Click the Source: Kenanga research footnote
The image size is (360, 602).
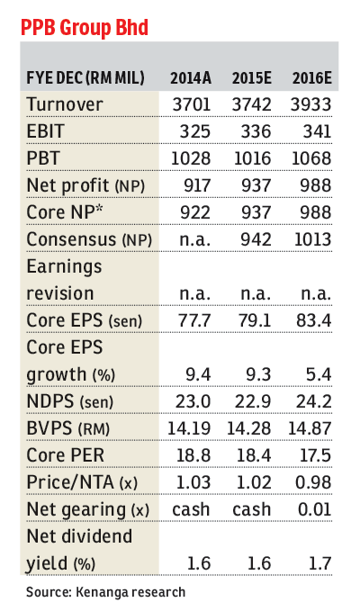pyautogui.click(x=105, y=591)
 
